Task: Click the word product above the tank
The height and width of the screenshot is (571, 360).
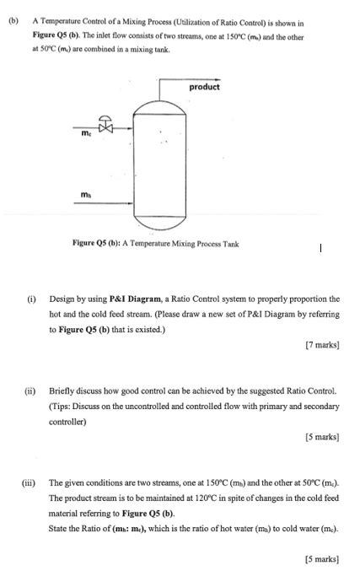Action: click(204, 87)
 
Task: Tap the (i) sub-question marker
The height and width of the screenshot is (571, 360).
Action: click(30, 299)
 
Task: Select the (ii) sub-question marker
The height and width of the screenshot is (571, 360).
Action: click(31, 391)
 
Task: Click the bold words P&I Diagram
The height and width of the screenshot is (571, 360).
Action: click(123, 299)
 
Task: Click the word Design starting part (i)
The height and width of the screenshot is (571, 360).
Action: click(64, 299)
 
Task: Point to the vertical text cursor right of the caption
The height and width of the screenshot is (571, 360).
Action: click(320, 248)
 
